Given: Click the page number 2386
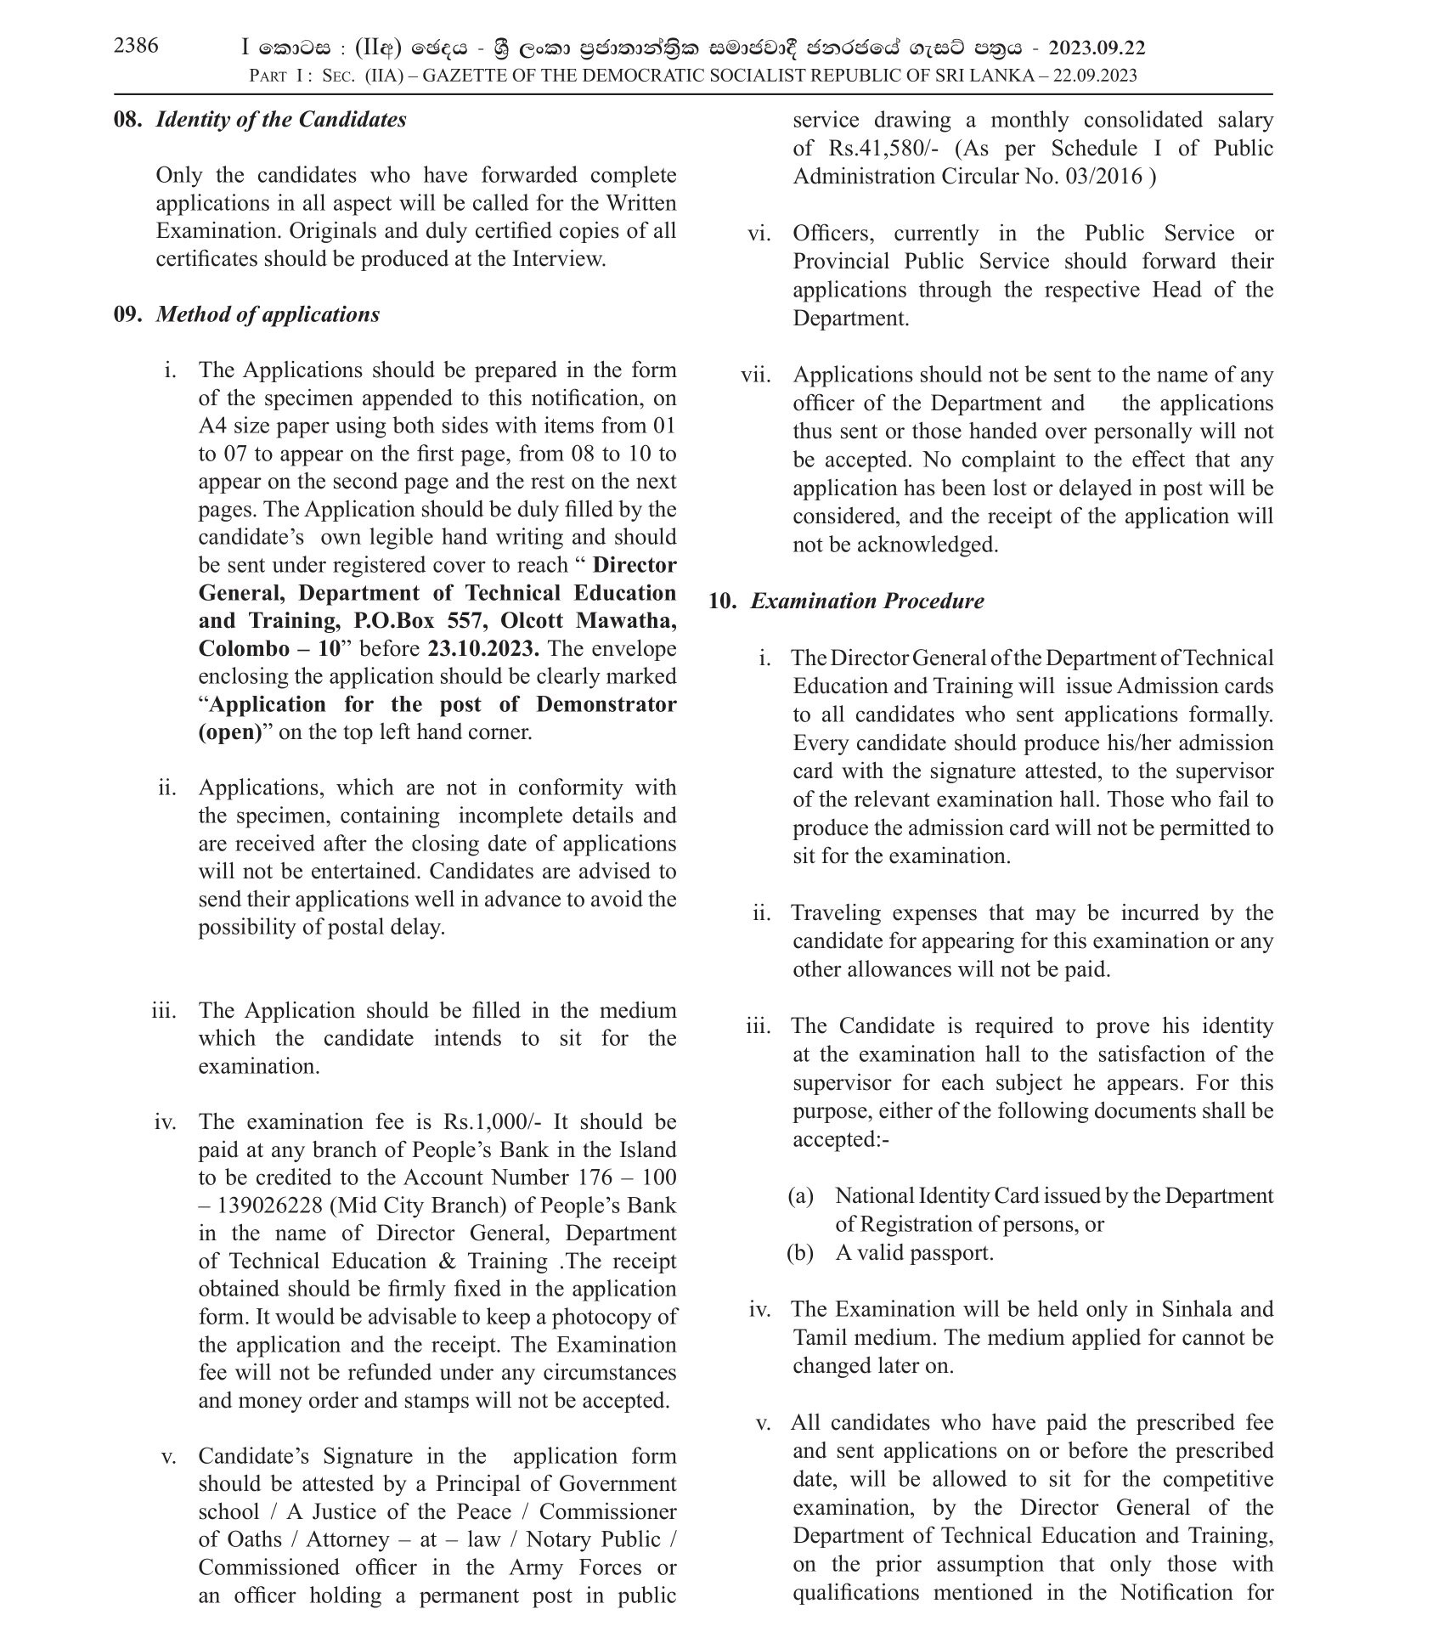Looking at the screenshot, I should click(136, 46).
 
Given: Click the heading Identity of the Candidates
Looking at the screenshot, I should click(281, 120).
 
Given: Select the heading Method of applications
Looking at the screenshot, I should click(268, 315).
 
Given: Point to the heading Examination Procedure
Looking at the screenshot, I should click(867, 601).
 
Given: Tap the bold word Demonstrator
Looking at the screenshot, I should click(606, 705).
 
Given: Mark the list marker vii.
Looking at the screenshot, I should click(755, 375).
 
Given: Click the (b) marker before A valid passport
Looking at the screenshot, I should click(800, 1253).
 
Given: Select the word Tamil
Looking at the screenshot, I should click(820, 1338).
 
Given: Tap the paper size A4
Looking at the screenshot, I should click(212, 426).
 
